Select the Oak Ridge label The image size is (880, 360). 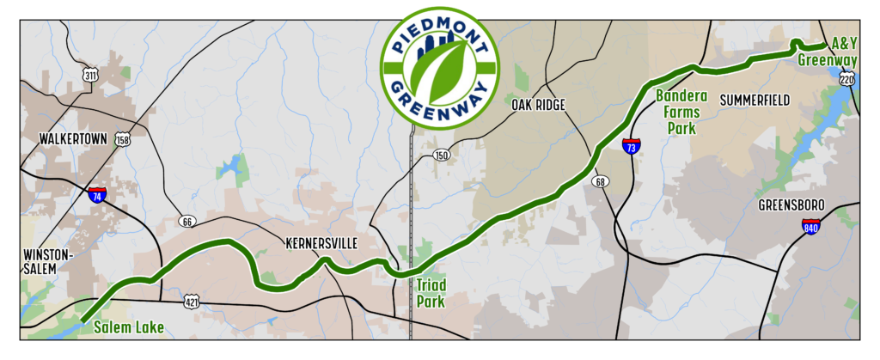(538, 105)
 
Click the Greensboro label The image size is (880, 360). (791, 205)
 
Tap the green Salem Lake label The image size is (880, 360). (128, 326)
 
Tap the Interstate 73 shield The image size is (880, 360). (631, 147)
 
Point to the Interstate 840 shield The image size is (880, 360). (810, 226)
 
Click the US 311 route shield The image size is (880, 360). (90, 76)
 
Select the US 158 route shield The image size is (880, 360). (124, 138)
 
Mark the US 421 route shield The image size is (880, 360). (192, 302)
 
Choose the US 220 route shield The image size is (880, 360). (847, 80)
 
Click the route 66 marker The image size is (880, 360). (187, 222)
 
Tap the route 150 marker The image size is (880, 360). (442, 156)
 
